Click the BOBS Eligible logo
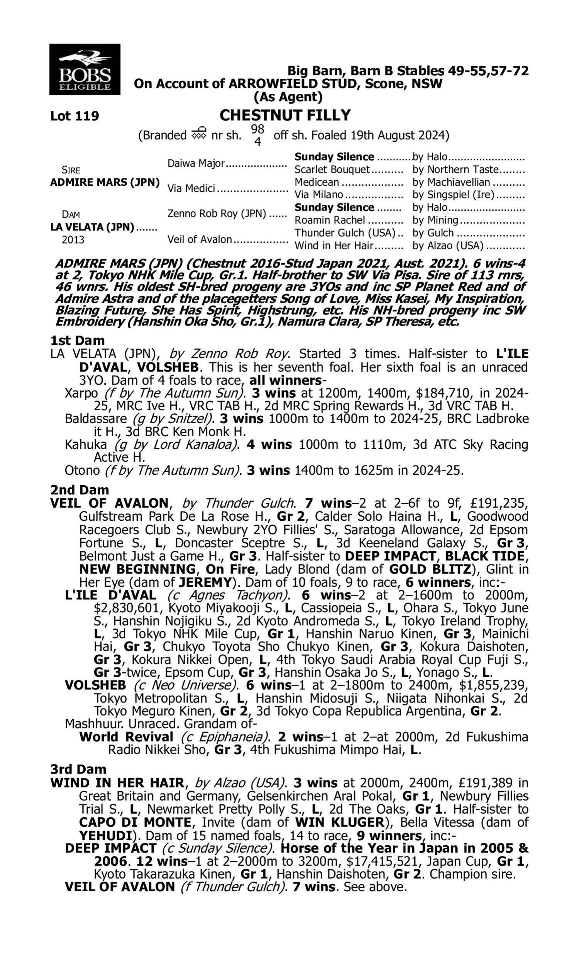click(85, 69)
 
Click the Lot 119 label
click(74, 116)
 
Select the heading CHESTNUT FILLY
click(285, 115)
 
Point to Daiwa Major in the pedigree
click(196, 163)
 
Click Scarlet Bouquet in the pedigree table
click(332, 170)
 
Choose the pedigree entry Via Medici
click(191, 188)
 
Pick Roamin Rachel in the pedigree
click(330, 220)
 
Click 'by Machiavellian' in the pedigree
click(450, 182)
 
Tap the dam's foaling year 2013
click(73, 239)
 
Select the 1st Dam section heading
click(78, 340)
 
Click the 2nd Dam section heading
click(79, 490)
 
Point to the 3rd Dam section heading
click(78, 769)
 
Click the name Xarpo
click(81, 393)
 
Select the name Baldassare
click(96, 418)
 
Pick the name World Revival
click(126, 737)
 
